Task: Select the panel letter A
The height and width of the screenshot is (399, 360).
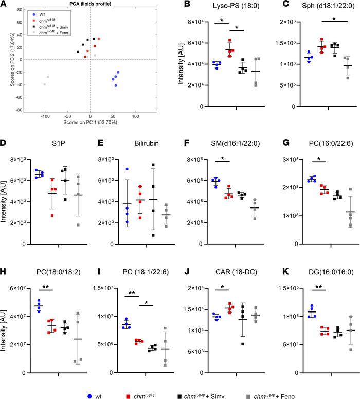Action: pyautogui.click(x=4, y=5)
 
